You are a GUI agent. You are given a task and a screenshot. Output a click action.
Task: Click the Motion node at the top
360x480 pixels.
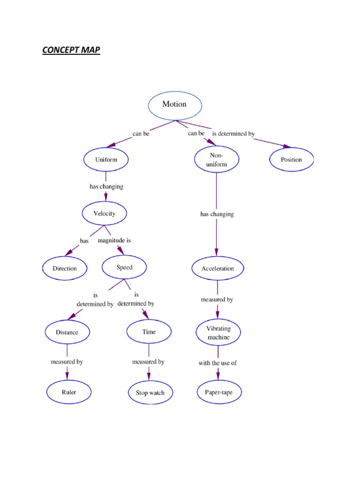[x=175, y=105]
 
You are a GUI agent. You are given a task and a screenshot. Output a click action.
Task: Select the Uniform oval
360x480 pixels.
[x=106, y=160]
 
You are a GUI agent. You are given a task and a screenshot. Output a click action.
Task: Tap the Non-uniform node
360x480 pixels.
[x=217, y=160]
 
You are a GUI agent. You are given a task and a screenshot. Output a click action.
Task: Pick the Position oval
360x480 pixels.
[x=291, y=160]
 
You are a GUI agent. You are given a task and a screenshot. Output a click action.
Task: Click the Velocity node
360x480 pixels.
[x=104, y=214]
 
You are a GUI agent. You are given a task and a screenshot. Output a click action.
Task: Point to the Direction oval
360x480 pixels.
[x=65, y=269]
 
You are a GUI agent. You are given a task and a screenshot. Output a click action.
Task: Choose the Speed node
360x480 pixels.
[x=124, y=268]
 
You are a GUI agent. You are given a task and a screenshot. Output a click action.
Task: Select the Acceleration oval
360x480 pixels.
[x=217, y=269]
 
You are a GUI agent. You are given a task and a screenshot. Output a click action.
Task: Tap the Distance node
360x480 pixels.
[x=67, y=332]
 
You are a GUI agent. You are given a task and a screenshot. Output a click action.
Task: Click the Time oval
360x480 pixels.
[x=149, y=332]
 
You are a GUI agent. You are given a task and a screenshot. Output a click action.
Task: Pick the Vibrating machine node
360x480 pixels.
[x=218, y=333]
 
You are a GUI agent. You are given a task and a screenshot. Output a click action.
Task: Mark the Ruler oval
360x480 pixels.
[x=69, y=392]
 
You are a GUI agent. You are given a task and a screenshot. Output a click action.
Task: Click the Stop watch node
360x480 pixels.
[x=150, y=393]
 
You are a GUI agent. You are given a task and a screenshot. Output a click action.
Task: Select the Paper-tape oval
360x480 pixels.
[x=218, y=392]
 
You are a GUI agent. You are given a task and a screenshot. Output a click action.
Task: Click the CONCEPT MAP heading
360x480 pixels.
[x=71, y=50]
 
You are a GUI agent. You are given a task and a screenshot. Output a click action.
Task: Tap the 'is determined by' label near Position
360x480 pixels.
[x=233, y=134]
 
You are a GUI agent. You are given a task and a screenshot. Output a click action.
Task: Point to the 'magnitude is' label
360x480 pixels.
[x=114, y=240]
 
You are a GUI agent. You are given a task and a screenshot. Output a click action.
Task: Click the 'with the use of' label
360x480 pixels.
[x=217, y=363]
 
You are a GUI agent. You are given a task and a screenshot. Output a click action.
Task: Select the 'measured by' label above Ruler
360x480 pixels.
[x=67, y=362]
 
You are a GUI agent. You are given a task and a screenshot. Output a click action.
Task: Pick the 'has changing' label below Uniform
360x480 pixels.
[x=106, y=187]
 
